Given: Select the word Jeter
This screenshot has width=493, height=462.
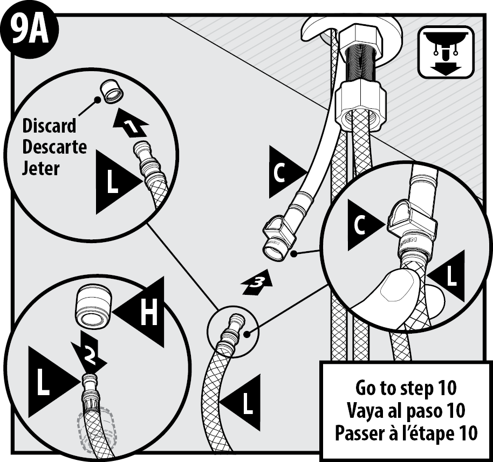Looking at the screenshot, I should pyautogui.click(x=41, y=167).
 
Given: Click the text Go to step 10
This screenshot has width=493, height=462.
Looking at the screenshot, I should pyautogui.click(x=406, y=387).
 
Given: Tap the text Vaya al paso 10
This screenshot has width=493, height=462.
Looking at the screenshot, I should pyautogui.click(x=406, y=410).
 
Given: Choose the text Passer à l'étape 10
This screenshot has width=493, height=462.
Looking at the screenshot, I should pyautogui.click(x=406, y=433).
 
